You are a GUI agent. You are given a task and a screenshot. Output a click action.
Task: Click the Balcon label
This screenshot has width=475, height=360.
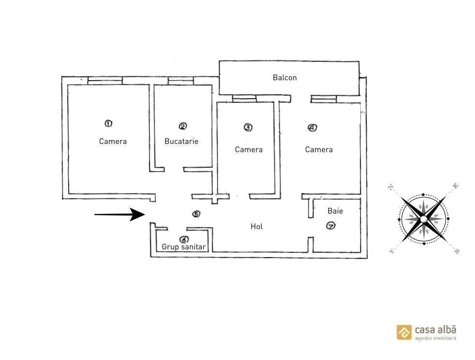click(x=284, y=78)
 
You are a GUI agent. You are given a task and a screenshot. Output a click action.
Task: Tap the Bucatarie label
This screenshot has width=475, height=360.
click(x=181, y=141)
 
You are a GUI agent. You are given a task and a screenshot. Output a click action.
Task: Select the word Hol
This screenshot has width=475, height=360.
click(x=256, y=227)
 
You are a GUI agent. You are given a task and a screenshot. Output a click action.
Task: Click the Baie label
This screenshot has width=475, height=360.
click(x=335, y=211)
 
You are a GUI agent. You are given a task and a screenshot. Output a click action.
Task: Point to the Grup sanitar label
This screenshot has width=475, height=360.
click(x=184, y=247)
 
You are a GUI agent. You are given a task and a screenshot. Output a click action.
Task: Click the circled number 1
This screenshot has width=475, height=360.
click(x=108, y=123)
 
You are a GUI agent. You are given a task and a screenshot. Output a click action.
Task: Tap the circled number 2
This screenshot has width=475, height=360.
click(x=183, y=126)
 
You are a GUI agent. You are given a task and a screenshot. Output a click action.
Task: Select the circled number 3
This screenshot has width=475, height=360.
click(x=248, y=128)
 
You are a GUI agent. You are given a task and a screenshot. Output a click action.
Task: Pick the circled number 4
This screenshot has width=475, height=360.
click(x=312, y=128)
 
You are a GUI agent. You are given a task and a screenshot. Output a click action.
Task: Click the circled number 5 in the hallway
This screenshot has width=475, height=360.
click(x=196, y=214)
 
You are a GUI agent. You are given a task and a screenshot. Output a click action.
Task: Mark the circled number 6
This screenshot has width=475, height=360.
click(x=184, y=240)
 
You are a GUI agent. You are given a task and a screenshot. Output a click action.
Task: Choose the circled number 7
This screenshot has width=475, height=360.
click(x=331, y=226)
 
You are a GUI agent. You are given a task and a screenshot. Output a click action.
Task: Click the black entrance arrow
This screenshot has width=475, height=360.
click(x=119, y=215)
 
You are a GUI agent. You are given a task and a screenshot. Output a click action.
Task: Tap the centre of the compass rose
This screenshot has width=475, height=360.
click(x=423, y=219)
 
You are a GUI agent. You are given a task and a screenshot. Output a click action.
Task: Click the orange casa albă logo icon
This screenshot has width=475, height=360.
click(x=404, y=332)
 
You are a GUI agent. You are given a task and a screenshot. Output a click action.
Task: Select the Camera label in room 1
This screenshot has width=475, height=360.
click(x=113, y=141)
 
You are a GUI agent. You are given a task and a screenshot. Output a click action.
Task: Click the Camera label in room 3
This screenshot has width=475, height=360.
click(x=249, y=149)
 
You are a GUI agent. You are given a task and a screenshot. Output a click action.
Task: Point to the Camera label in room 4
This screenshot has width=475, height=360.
click(x=319, y=149)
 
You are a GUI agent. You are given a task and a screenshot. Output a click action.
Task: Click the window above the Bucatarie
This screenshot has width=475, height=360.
click(x=180, y=81)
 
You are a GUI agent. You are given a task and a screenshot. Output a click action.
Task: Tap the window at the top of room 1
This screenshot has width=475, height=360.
click(x=105, y=81)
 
